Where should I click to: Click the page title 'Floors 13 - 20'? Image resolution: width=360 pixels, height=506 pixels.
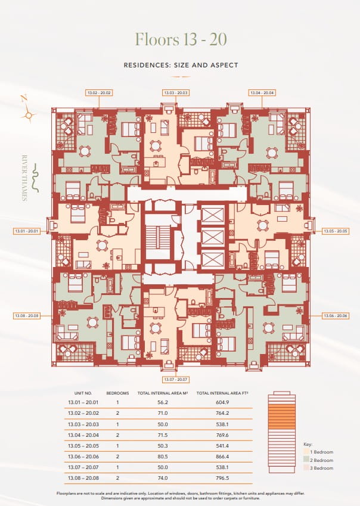click(180, 39)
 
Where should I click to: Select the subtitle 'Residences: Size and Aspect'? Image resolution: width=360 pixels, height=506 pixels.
click(180, 65)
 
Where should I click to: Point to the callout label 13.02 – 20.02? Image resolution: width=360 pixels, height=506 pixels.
click(99, 92)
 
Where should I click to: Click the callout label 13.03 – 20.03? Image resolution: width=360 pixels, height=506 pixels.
click(176, 92)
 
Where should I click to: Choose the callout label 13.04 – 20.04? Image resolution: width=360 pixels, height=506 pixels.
click(262, 92)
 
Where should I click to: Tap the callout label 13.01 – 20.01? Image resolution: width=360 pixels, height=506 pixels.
click(26, 231)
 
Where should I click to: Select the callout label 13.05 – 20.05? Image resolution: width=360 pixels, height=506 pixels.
click(335, 231)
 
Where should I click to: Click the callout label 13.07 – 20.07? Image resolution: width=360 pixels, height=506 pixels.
click(176, 380)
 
